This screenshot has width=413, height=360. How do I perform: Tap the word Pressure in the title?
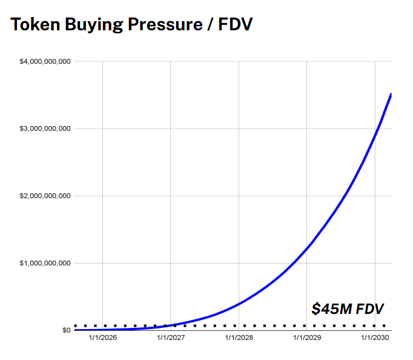click(164, 25)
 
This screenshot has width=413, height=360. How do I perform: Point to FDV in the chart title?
click(233, 25)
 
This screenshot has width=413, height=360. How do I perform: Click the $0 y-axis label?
click(65, 330)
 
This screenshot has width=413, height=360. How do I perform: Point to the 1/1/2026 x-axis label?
click(102, 338)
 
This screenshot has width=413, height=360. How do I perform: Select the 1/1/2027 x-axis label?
click(170, 338)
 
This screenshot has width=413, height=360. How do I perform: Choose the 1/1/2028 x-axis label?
click(239, 338)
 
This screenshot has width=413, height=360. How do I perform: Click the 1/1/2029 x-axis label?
click(306, 338)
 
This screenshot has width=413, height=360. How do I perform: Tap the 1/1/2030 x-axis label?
click(375, 338)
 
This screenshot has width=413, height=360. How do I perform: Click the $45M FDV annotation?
click(348, 308)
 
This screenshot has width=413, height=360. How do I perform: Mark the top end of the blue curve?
click(391, 95)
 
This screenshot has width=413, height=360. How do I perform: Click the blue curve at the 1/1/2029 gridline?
click(306, 247)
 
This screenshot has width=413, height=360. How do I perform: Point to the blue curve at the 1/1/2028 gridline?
click(239, 303)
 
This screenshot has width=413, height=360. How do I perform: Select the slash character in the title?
click(207, 25)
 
